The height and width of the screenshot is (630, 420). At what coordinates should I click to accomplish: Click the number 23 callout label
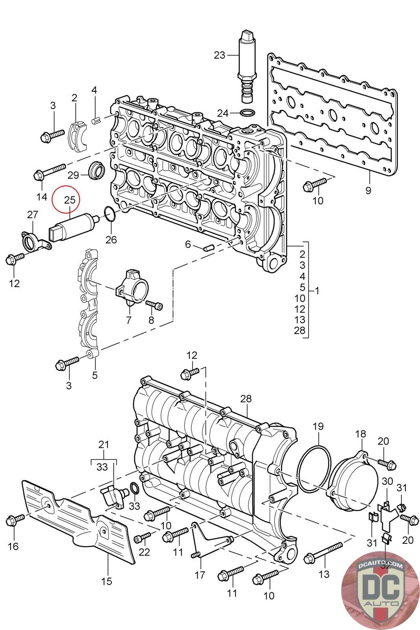pos(219,55)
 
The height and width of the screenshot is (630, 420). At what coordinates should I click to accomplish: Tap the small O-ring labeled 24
pos(247,113)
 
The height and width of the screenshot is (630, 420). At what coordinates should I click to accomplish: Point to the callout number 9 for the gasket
pos(368,191)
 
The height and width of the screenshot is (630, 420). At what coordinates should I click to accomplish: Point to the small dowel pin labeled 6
pos(208,247)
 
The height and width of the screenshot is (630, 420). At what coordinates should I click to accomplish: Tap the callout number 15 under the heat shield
pos(106,581)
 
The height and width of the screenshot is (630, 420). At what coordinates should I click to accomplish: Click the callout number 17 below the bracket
pos(200,574)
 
